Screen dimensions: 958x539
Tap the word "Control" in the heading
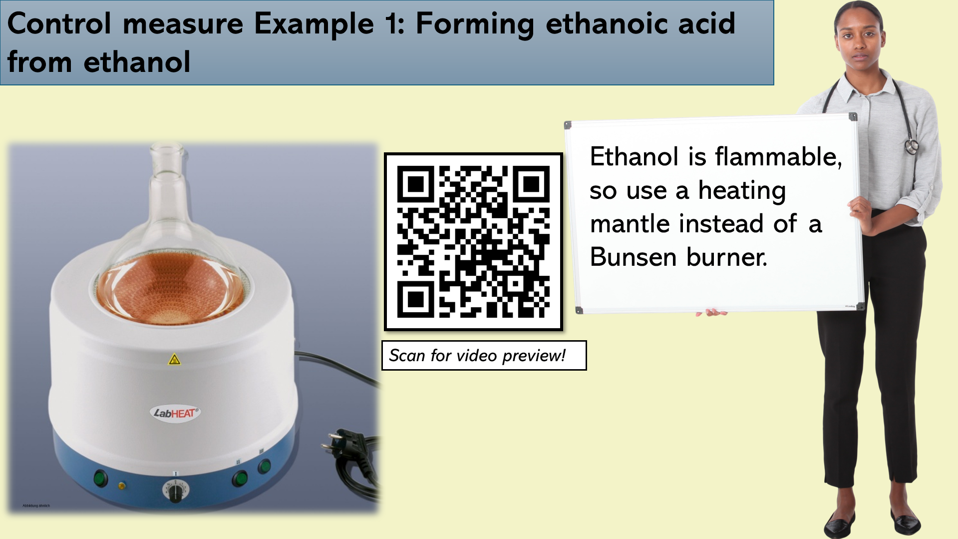(59, 23)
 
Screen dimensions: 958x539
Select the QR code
(473, 242)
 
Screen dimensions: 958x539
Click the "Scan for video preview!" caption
(477, 356)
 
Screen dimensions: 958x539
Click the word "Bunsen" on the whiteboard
(634, 257)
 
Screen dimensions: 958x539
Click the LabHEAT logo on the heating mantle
(175, 413)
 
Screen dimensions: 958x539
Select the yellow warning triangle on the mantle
(174, 359)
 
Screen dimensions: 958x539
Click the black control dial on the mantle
(175, 492)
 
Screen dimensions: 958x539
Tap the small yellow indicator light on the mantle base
(122, 486)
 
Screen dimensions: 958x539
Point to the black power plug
(349, 450)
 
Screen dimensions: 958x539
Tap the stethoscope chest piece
(912, 146)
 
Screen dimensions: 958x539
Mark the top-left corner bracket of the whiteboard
(568, 125)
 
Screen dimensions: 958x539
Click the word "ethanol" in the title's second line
(137, 62)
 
